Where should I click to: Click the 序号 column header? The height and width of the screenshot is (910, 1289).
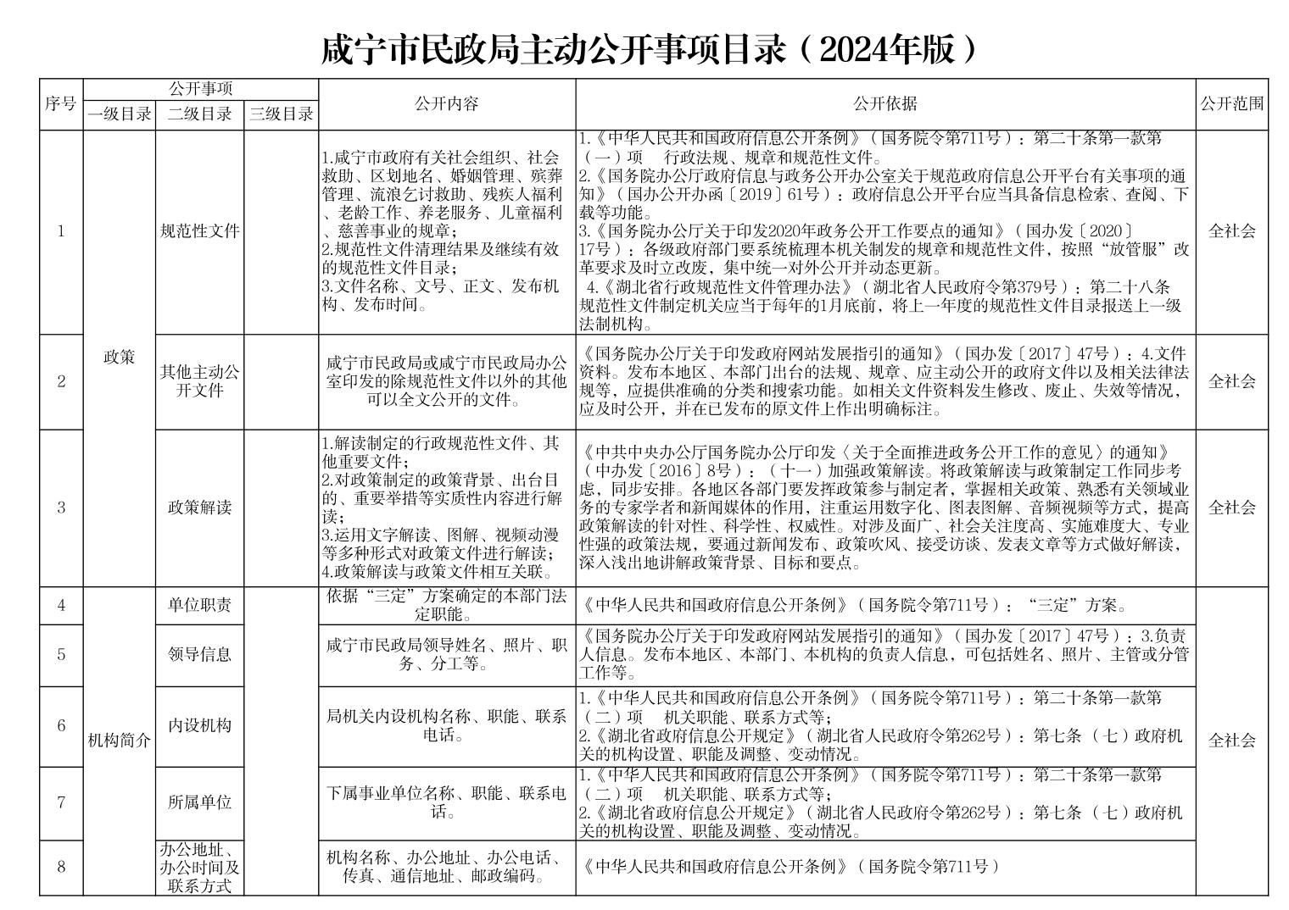click(x=60, y=104)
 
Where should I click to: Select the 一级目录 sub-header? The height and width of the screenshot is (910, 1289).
click(x=120, y=114)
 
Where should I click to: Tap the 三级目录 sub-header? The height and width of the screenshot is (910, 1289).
click(x=281, y=114)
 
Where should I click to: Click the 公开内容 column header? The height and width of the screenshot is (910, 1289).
click(x=447, y=104)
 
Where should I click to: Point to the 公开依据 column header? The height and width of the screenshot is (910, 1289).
click(x=884, y=104)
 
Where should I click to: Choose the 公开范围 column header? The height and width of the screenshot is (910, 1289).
click(x=1231, y=104)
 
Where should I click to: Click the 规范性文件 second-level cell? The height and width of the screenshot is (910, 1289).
click(x=200, y=231)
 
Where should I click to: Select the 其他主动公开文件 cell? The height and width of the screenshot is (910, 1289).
click(x=200, y=381)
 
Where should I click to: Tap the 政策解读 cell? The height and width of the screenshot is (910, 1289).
click(x=200, y=508)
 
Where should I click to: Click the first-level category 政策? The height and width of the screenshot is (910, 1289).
click(x=120, y=358)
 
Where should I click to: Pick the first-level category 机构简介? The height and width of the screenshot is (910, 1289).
click(x=120, y=741)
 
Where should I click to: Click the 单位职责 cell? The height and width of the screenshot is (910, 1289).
click(x=200, y=605)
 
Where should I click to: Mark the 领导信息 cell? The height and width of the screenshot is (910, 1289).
click(x=200, y=655)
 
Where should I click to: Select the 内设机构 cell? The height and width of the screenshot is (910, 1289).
click(x=200, y=726)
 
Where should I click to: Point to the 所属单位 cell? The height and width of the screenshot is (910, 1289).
click(x=200, y=802)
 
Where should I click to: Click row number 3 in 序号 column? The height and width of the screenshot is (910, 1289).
click(x=61, y=508)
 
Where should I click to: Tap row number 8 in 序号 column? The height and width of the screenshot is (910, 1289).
click(x=61, y=867)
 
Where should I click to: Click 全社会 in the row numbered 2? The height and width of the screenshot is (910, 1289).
click(x=1231, y=381)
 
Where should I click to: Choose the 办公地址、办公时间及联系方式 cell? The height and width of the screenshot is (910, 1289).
click(x=200, y=867)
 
